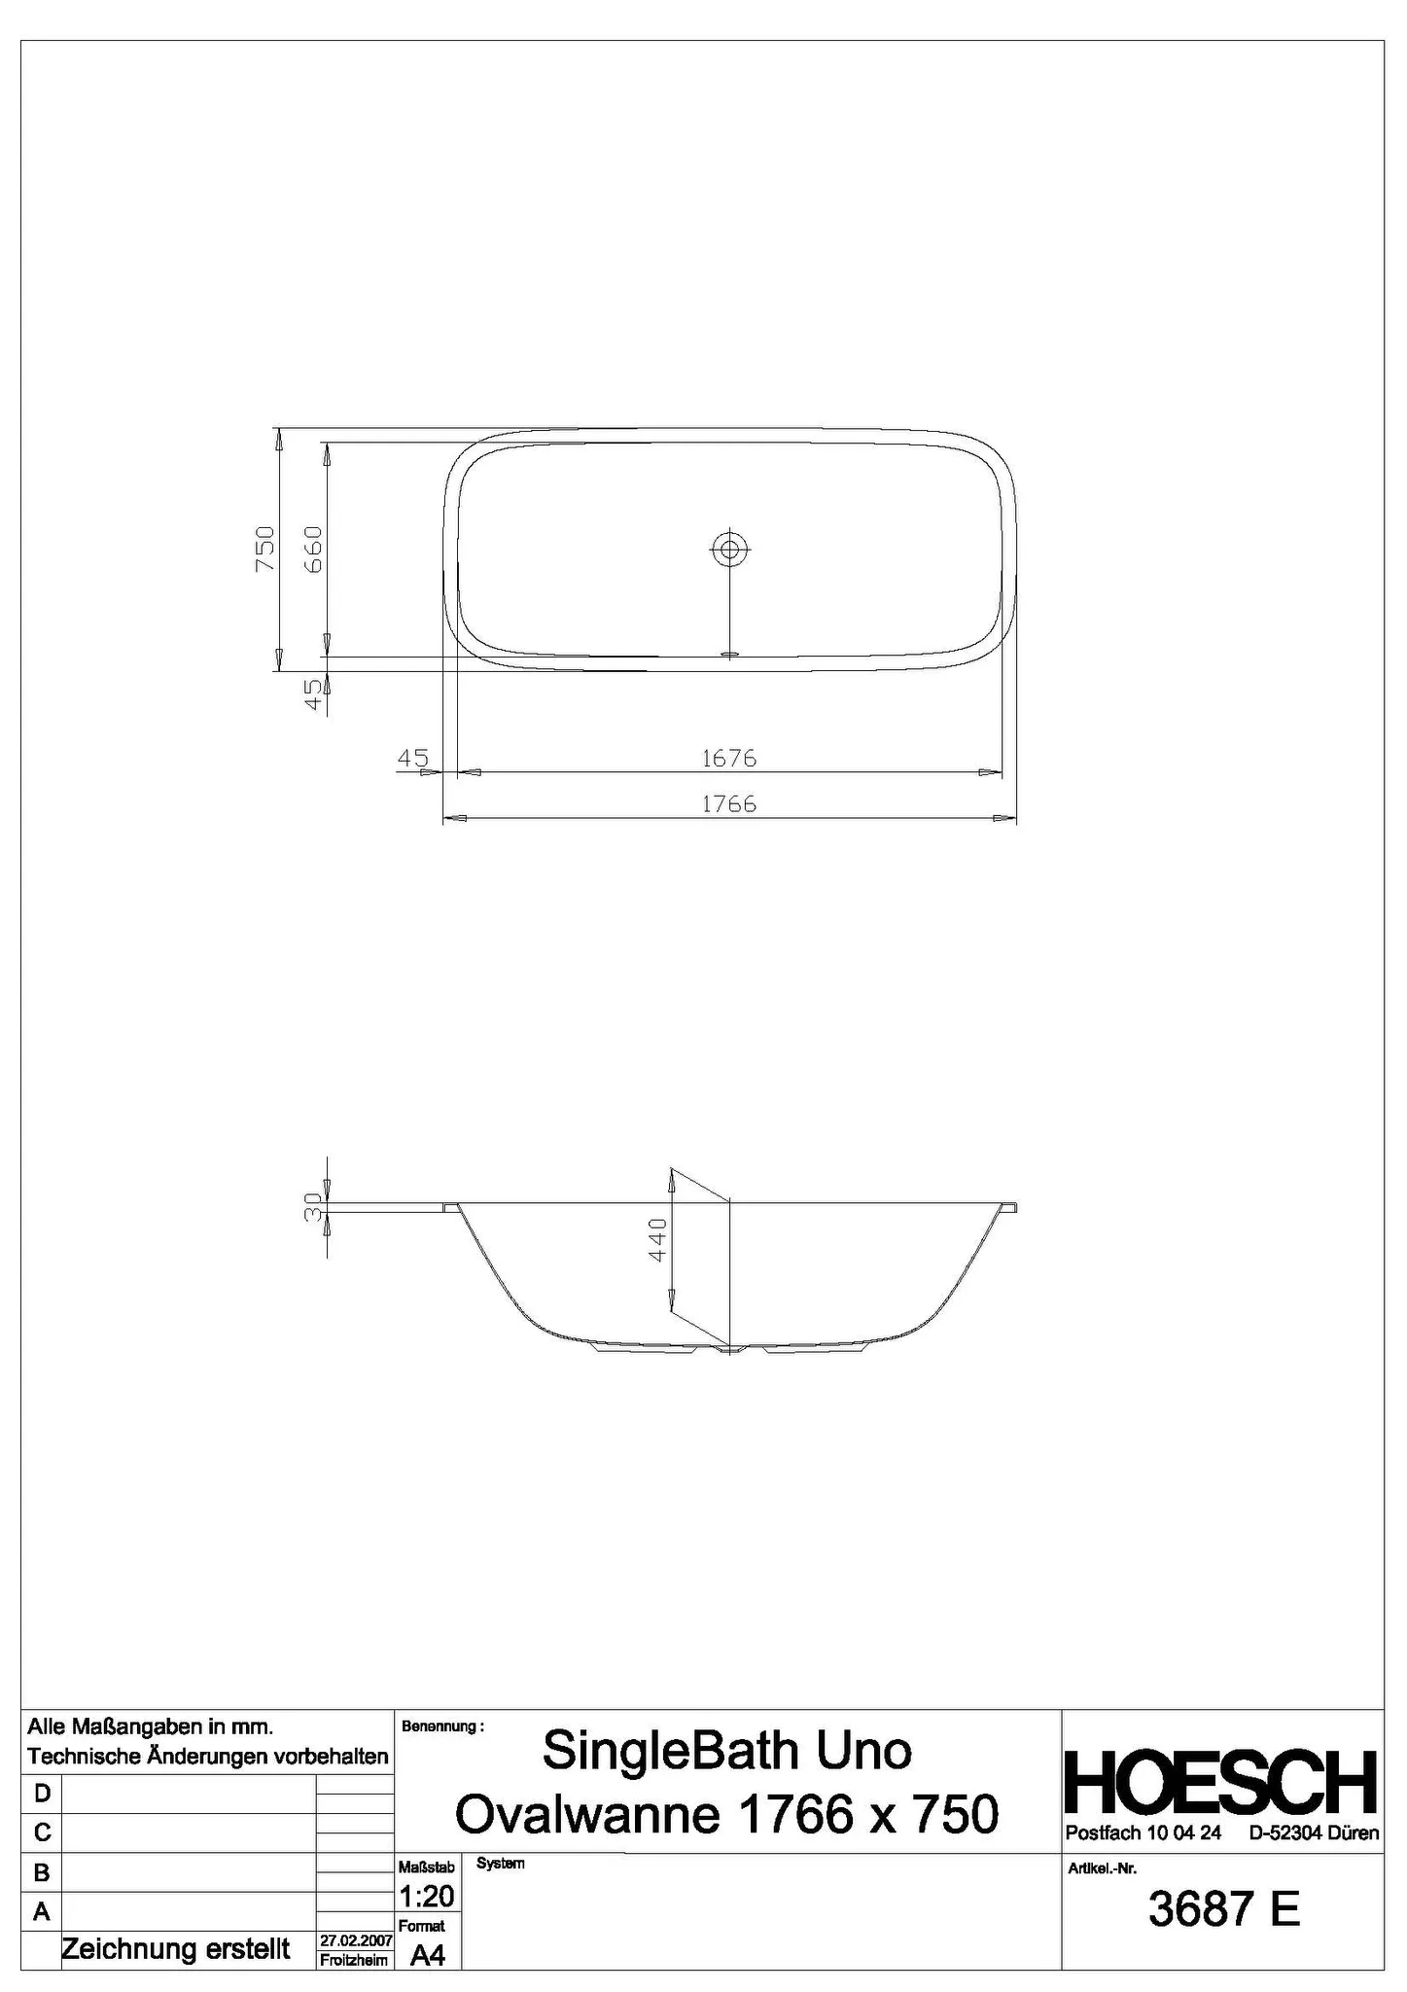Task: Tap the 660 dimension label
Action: (x=313, y=549)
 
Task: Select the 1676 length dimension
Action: (x=729, y=758)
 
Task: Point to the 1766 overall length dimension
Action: (x=729, y=803)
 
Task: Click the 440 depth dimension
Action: (x=657, y=1239)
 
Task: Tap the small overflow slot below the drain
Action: (x=729, y=654)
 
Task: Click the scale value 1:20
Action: (x=426, y=1896)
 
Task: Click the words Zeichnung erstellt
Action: (x=176, y=1948)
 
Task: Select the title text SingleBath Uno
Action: (x=727, y=1751)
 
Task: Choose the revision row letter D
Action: (x=42, y=1793)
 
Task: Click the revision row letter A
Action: (x=42, y=1911)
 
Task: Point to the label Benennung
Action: (x=442, y=1726)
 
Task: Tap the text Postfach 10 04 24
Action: (x=1143, y=1833)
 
